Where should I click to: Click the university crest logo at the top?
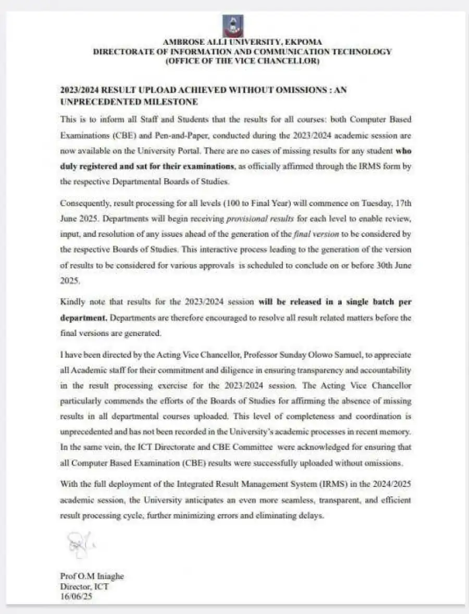coord(233,26)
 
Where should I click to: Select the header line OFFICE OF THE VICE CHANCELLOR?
coord(242,61)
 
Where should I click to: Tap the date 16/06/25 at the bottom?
coord(76,595)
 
